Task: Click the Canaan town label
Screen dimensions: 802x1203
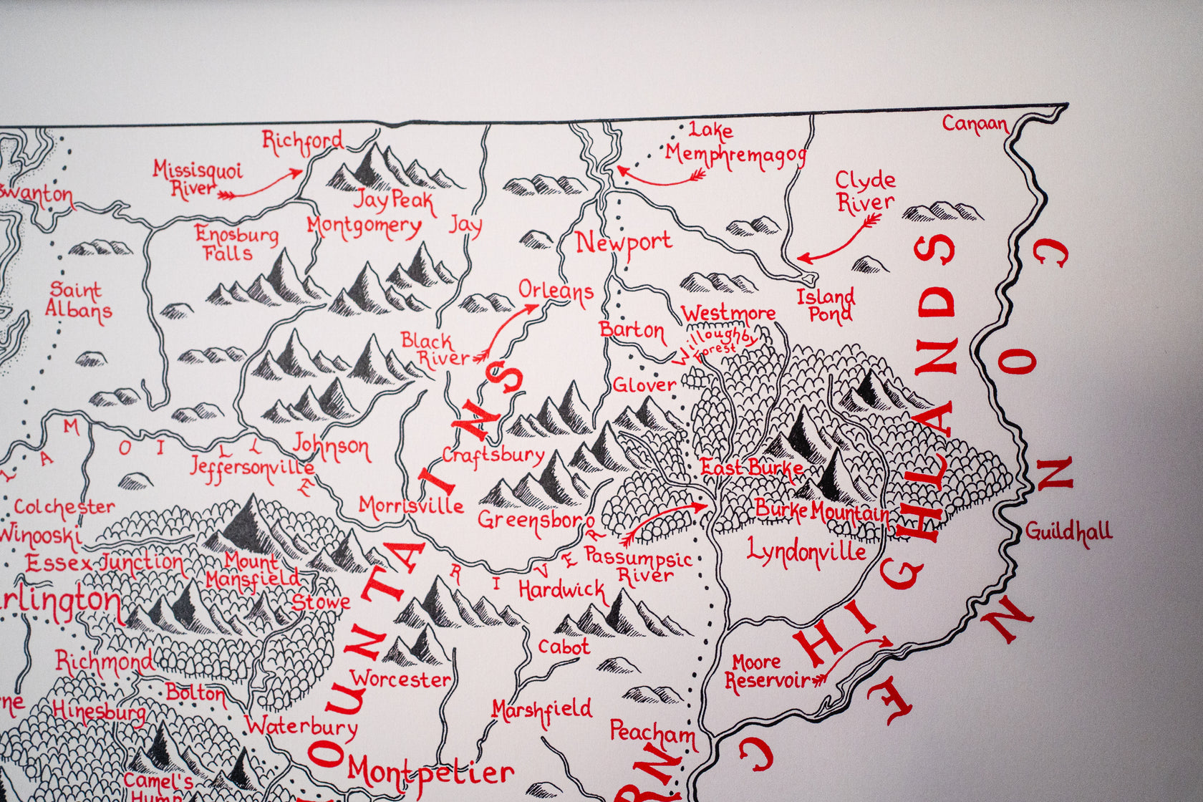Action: (975, 124)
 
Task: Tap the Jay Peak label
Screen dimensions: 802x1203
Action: (394, 200)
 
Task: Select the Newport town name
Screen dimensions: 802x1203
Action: (624, 243)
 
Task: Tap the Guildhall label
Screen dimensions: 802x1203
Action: (1068, 532)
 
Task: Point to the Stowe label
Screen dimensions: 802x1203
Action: (321, 602)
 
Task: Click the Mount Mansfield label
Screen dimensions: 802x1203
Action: (253, 570)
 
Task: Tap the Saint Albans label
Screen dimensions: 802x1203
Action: (78, 301)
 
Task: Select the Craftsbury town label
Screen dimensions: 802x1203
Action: (493, 455)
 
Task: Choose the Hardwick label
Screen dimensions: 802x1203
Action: (562, 591)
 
